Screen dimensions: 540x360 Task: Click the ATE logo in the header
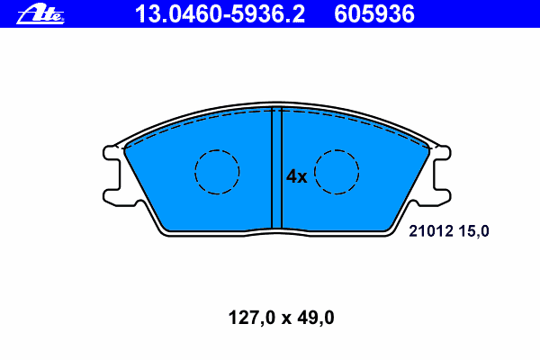pos(40,14)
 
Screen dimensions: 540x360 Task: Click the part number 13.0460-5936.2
pos(220,14)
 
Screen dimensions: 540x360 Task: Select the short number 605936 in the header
pos(374,14)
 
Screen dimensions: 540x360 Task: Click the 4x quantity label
pos(296,176)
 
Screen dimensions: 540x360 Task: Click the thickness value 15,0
pos(473,231)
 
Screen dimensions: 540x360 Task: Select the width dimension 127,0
pos(252,318)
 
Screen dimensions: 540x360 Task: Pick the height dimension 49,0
pos(316,318)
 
